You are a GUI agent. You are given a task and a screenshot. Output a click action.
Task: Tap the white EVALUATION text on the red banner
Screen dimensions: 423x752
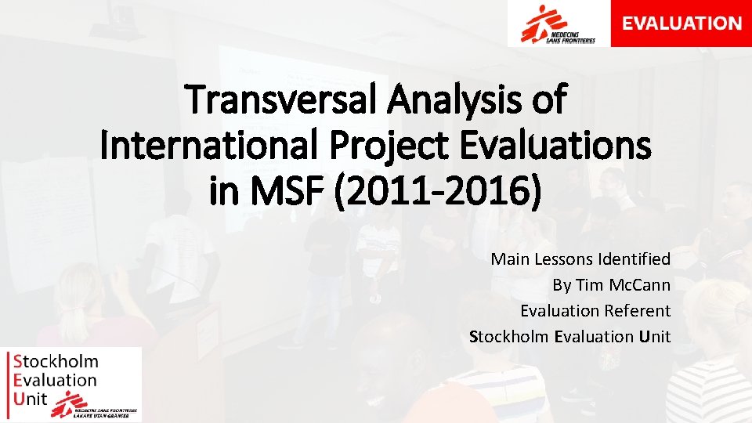(681, 23)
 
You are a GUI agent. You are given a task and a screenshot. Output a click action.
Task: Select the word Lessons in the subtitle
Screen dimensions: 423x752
(563, 258)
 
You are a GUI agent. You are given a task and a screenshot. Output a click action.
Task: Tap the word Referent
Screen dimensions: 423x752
(638, 310)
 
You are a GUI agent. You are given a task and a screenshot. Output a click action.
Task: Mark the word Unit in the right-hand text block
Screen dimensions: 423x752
(655, 336)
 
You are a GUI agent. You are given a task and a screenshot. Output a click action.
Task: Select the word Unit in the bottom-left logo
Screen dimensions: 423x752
(32, 399)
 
